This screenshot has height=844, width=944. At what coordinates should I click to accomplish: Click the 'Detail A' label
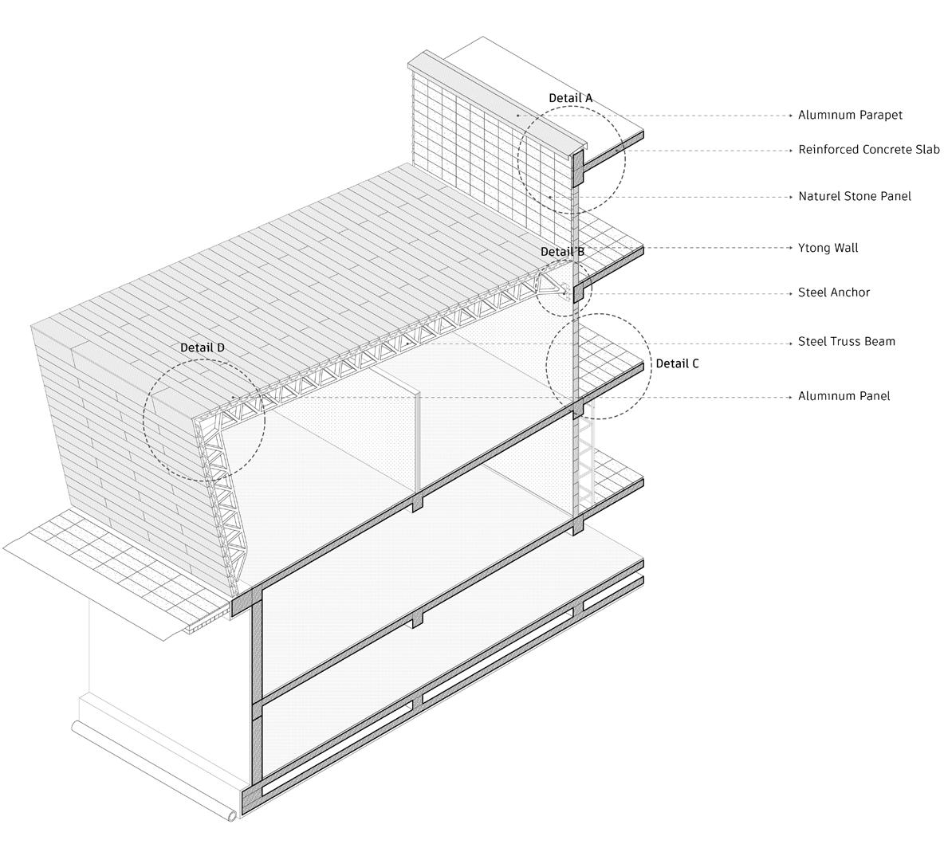[x=570, y=98]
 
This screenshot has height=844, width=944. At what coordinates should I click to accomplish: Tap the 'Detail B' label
[x=562, y=252]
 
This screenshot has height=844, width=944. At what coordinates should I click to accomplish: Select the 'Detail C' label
[x=677, y=363]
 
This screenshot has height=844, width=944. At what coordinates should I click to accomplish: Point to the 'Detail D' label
[x=202, y=347]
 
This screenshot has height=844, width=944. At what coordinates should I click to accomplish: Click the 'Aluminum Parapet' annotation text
[x=850, y=115]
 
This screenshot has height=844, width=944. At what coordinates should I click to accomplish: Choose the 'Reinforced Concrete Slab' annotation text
[x=869, y=150]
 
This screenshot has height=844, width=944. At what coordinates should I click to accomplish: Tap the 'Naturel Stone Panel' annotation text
[x=854, y=196]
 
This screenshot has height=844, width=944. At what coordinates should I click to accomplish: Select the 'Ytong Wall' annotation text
[x=828, y=248]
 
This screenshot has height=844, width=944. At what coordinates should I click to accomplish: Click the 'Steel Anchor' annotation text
[x=834, y=292]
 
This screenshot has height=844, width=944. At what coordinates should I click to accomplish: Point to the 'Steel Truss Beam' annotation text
[x=846, y=342]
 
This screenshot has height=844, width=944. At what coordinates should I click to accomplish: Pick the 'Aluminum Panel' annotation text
[x=844, y=396]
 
